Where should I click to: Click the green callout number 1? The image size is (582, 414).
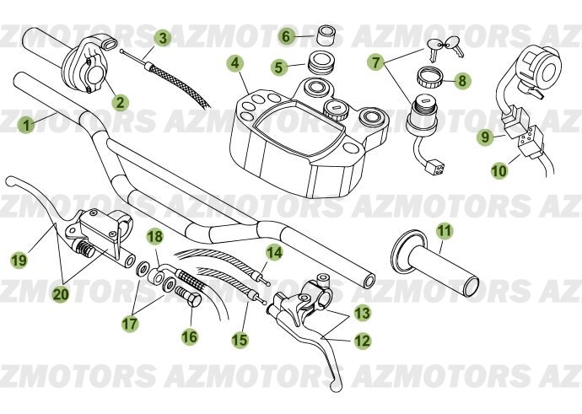point(27,125)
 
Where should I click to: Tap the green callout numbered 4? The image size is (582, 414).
point(234,63)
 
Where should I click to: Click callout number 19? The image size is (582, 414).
point(19,261)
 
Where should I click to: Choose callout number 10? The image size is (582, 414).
point(499,170)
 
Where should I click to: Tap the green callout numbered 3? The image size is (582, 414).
point(163,37)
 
